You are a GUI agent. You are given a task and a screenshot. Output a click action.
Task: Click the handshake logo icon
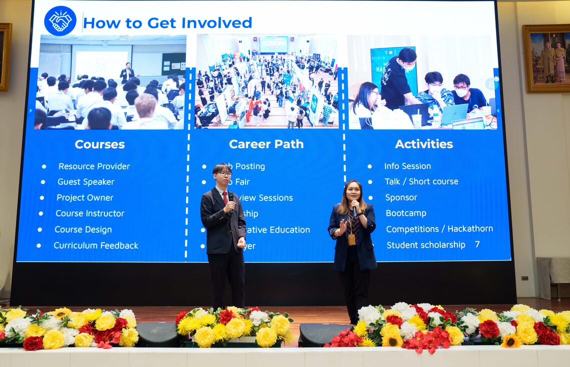pos(60,21)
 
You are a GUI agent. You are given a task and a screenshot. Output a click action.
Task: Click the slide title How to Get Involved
pos(167,23)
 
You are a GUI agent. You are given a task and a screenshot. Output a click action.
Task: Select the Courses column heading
pos(99,144)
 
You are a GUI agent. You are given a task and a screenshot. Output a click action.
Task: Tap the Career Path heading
pos(266,144)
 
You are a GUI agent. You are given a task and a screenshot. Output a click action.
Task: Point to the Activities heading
pos(423,144)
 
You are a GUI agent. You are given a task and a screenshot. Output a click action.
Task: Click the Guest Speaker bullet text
pos(85,182)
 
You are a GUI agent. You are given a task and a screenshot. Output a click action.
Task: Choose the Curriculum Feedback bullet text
pos(95,246)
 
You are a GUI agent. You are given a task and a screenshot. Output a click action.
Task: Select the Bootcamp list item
pos(405,213)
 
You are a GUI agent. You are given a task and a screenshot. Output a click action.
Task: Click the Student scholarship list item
pos(425,245)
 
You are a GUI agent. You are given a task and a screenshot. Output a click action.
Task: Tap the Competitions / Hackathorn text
pos(439,229)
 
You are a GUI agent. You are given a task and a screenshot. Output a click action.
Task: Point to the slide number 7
pos(477,244)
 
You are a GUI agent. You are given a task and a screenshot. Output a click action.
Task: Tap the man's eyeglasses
pos(223,174)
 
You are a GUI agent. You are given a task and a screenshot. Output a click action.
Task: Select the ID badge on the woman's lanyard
pos(351,239)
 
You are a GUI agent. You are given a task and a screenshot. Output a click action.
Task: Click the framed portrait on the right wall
pos(545,58)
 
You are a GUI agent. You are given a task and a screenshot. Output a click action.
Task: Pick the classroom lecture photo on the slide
pos(109,82)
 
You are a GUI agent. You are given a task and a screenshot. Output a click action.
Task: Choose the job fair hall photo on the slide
pos(266,82)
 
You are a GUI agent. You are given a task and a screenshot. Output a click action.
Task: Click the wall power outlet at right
pos(524,278)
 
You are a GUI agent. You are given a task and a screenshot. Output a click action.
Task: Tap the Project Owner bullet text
pos(84,198)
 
